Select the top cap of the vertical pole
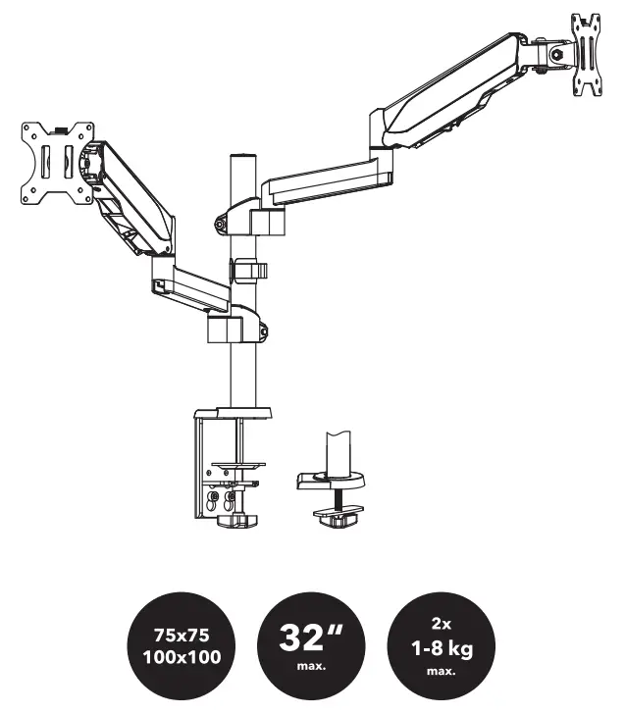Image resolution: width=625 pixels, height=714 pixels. click(238, 157)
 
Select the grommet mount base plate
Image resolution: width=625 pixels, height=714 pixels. click(329, 481)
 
